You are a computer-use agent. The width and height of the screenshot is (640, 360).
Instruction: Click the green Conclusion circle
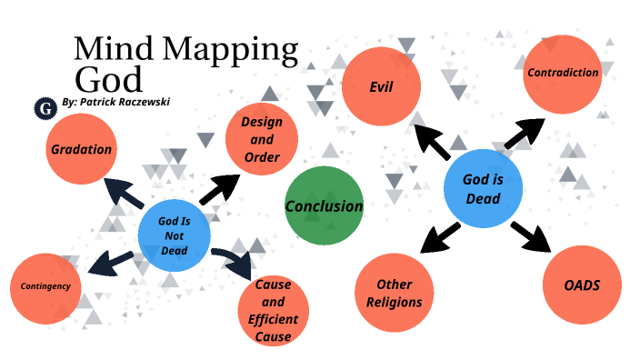tap(324, 205)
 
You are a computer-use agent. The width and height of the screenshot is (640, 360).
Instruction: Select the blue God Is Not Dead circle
tap(175, 235)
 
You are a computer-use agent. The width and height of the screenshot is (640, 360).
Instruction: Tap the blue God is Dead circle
tap(482, 188)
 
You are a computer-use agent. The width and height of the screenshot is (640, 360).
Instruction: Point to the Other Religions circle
tap(393, 293)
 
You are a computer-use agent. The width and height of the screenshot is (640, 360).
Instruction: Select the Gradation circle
tap(82, 149)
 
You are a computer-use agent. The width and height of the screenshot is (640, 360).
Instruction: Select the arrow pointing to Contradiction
tap(522, 135)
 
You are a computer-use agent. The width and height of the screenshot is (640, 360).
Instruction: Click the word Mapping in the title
tap(233, 47)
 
